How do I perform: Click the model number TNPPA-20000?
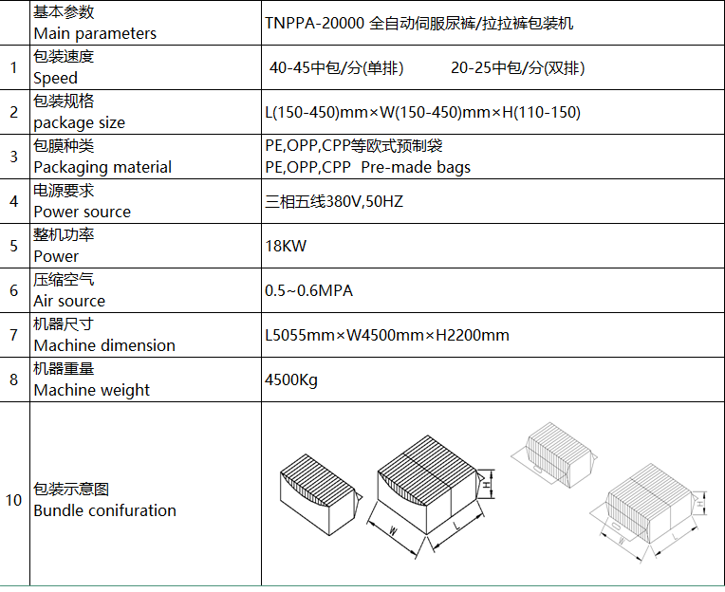tap(315, 23)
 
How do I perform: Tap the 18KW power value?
tap(286, 246)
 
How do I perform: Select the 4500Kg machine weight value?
tap(291, 380)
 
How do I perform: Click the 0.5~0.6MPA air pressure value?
tap(308, 290)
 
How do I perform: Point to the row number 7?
tap(14, 335)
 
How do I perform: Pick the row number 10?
tap(13, 500)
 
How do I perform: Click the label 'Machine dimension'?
tap(104, 345)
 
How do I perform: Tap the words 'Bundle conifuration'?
tap(105, 510)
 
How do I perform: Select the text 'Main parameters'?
tap(95, 34)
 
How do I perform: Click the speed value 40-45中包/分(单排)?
tap(337, 68)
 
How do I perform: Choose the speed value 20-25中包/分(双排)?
tap(518, 68)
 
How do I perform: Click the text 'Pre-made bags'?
tap(416, 167)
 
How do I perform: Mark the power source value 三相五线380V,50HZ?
tap(334, 201)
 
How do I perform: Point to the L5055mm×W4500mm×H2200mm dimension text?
tap(387, 335)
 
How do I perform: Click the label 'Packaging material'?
tap(102, 167)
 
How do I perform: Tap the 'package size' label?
tap(80, 123)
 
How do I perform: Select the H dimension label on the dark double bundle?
tap(487, 485)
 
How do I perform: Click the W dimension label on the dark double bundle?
tap(393, 530)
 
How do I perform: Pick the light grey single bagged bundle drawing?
tap(554, 454)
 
